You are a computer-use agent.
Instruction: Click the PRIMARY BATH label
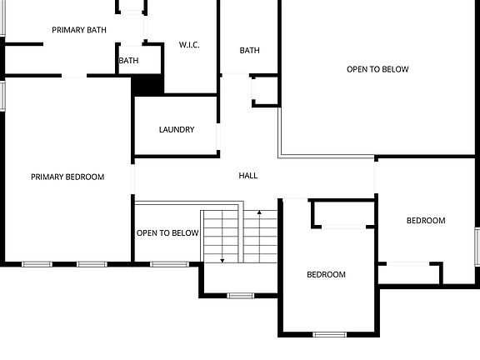click(x=79, y=30)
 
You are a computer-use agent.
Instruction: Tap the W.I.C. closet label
click(x=189, y=45)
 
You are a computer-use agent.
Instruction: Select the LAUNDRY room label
click(x=177, y=130)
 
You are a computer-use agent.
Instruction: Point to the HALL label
click(x=248, y=176)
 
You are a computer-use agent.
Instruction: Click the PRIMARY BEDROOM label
click(x=67, y=177)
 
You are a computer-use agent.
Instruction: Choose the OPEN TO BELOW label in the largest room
click(x=377, y=69)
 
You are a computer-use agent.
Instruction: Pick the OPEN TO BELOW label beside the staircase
click(x=167, y=233)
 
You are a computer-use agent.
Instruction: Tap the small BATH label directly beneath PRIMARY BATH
click(x=128, y=61)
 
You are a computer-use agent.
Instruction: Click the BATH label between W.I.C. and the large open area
click(x=250, y=51)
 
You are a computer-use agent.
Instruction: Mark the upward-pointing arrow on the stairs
click(x=260, y=213)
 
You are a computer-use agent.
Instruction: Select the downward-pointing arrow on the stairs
click(x=222, y=260)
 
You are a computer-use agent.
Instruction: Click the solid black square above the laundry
click(x=147, y=84)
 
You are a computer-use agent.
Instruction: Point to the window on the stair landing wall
click(x=241, y=295)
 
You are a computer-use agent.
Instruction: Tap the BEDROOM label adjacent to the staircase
click(x=326, y=275)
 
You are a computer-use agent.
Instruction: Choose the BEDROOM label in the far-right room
click(x=426, y=221)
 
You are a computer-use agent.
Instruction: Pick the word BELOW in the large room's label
click(x=396, y=69)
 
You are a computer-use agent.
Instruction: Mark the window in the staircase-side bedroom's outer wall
click(x=330, y=334)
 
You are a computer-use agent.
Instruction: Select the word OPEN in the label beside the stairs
click(x=147, y=233)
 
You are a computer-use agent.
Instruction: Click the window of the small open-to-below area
click(x=170, y=264)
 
